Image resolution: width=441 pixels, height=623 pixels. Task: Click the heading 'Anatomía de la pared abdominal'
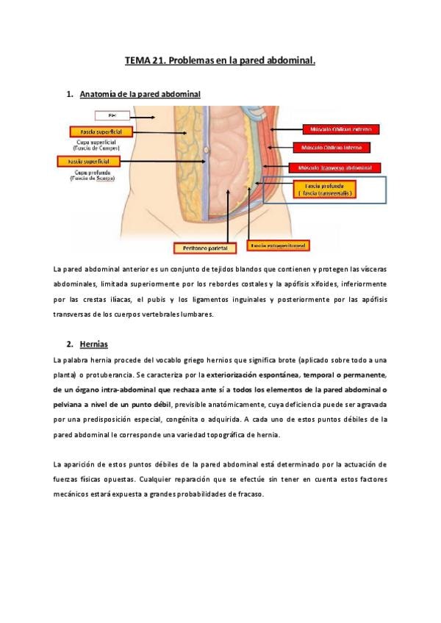(140, 95)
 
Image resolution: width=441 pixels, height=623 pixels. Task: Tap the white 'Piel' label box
(112, 115)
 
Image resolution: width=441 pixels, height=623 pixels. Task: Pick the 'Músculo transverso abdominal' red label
(334, 168)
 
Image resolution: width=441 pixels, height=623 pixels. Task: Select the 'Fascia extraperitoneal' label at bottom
(279, 245)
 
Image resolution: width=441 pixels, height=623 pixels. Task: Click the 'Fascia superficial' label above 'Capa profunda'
(85, 160)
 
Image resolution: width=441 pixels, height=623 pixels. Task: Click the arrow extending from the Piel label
(143, 116)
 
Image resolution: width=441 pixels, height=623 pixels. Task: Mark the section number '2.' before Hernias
(69, 344)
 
